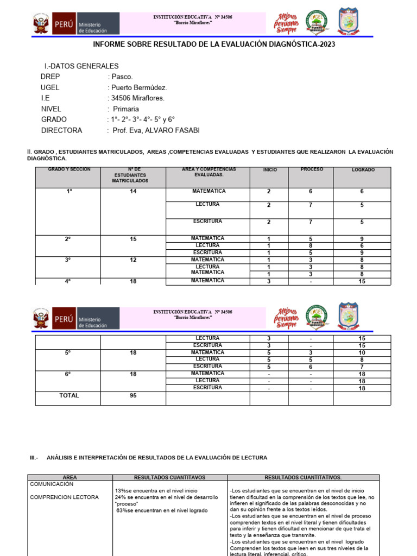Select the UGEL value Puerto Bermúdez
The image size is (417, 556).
(138, 87)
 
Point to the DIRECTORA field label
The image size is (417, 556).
(62, 130)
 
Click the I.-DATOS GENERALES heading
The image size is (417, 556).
(81, 66)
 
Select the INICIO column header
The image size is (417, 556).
(270, 170)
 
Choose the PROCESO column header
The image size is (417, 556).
(312, 169)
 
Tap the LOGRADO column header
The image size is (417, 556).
(363, 170)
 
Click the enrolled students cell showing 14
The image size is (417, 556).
(133, 192)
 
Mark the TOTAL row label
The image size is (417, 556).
(69, 395)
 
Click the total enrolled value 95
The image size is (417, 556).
(133, 395)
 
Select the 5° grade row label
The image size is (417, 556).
(68, 352)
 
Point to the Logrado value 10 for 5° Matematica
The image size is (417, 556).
(362, 352)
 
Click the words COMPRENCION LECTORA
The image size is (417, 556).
(64, 497)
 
